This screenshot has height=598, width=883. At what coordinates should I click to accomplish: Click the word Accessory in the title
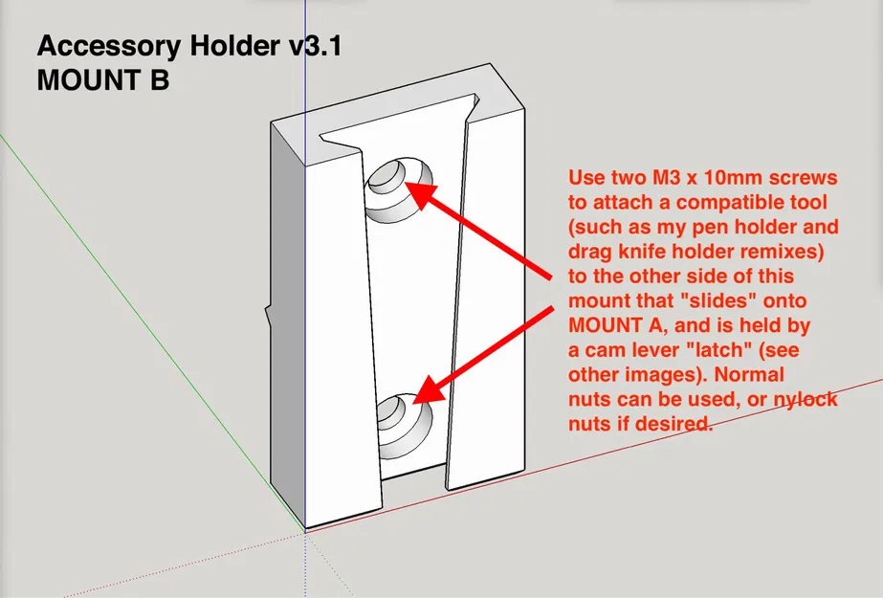109,47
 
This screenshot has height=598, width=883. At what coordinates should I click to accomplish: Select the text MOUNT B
103,80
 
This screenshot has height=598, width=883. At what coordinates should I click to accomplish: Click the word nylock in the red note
806,400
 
